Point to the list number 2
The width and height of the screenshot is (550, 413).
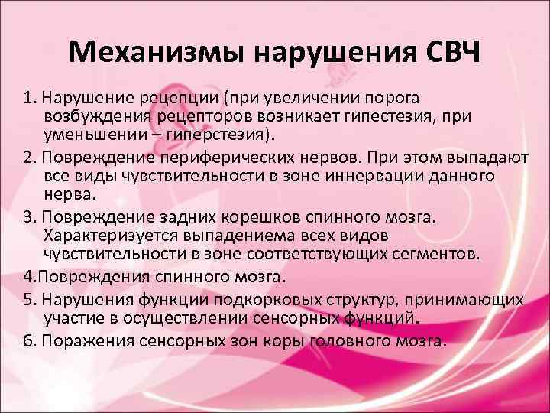[27, 158]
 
